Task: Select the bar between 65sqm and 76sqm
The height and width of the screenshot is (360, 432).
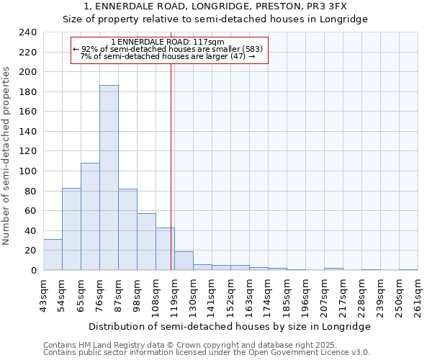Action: coord(90,216)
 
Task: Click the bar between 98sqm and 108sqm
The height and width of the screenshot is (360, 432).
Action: coord(146,242)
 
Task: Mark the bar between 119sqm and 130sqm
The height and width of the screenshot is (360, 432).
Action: coord(184,261)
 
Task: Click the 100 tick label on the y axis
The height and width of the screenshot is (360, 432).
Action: coord(28,171)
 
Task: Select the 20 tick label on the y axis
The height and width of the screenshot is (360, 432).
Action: coord(31,251)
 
